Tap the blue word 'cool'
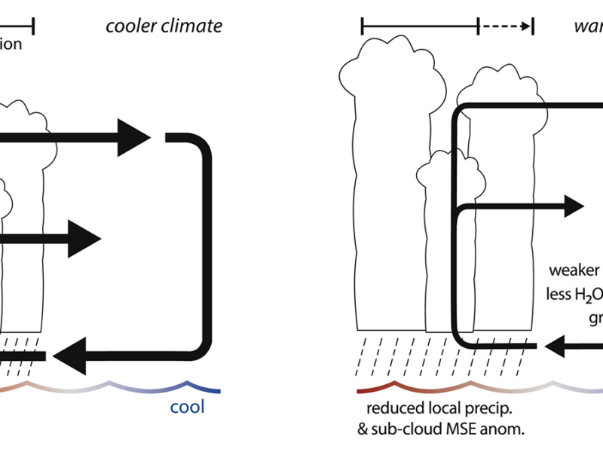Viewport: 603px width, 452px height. point(187,408)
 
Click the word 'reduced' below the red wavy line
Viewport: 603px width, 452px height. point(393,411)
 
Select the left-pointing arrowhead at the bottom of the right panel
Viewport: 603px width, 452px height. point(560,347)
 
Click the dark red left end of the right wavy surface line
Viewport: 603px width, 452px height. point(360,390)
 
